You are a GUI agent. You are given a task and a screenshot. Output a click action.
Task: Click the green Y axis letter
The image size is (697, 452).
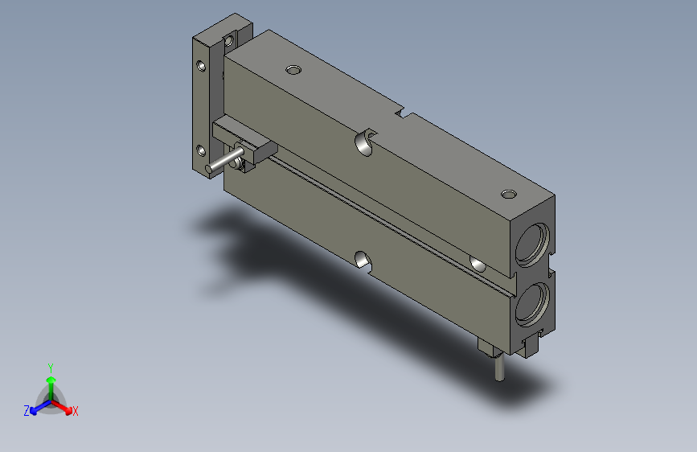pos(51,367)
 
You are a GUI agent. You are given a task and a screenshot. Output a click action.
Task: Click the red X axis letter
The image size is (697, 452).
pos(75,412)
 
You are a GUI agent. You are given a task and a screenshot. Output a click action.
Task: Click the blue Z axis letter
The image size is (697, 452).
pos(27,411)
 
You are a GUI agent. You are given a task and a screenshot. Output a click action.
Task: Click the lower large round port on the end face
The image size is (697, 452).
pos(531,302)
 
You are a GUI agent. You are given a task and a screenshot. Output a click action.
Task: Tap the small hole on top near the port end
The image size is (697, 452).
pos(508,194)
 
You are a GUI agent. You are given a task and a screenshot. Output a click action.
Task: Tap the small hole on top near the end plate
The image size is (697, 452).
pos(293,70)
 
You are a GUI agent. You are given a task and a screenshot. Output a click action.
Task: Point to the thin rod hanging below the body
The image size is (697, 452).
pos(500,368)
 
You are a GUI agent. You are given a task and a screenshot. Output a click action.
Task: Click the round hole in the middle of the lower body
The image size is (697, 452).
pos(363,259)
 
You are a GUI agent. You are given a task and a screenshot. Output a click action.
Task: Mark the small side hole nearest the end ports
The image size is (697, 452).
pos(478,264)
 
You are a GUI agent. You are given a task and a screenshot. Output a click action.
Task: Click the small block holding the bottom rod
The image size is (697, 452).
pos(489,347)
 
